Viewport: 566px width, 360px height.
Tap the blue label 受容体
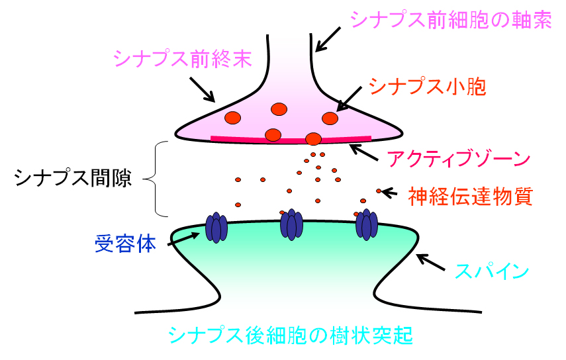(125, 244)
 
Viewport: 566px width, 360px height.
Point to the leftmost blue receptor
(215, 227)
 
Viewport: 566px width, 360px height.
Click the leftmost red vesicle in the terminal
(232, 118)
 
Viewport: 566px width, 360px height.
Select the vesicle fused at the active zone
(313, 139)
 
